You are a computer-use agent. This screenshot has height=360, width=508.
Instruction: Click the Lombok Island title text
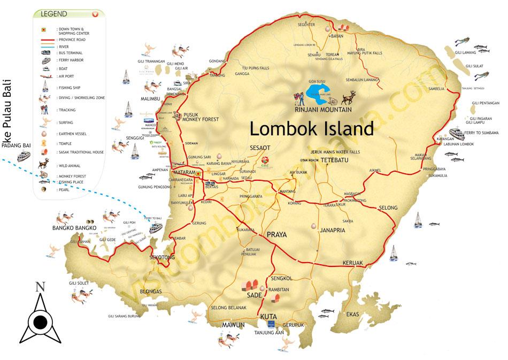point(312,129)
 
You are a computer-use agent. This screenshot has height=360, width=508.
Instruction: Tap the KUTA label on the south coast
point(268,317)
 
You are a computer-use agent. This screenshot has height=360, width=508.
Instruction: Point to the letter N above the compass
point(39,287)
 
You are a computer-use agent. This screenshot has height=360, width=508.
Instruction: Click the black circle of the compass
point(40,322)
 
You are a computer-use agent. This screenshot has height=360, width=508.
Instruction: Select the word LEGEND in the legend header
point(54,13)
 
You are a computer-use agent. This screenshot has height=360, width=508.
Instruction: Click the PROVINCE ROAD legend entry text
point(72,40)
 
